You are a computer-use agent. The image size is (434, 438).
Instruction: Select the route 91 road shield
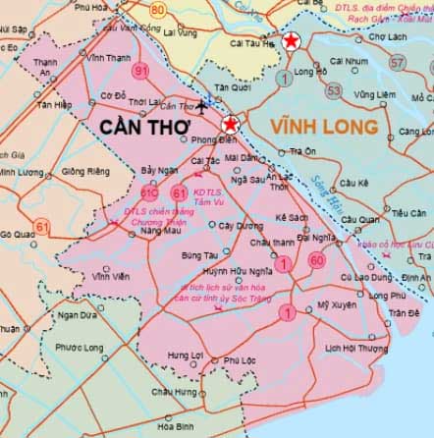(x=141, y=71)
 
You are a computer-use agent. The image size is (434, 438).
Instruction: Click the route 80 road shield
(x=159, y=10)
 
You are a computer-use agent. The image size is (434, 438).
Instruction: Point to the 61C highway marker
(x=149, y=193)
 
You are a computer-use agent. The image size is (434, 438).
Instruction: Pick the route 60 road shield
(x=316, y=260)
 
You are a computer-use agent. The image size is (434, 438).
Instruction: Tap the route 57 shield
(x=397, y=62)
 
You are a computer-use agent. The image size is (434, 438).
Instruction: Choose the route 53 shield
(x=334, y=90)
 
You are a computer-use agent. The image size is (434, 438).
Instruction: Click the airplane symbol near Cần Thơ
(x=202, y=104)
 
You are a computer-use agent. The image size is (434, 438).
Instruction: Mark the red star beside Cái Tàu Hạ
(x=292, y=41)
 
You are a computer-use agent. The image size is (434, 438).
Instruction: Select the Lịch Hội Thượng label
(x=357, y=348)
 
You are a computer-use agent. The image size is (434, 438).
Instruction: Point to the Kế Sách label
(x=293, y=216)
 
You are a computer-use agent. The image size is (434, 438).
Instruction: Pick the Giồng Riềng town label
(x=85, y=171)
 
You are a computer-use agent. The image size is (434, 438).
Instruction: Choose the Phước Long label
(x=79, y=347)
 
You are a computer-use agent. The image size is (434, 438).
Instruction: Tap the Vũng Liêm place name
(x=374, y=95)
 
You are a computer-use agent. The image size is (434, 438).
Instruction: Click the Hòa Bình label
(x=175, y=426)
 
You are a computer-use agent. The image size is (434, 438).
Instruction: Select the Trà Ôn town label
(x=302, y=151)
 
